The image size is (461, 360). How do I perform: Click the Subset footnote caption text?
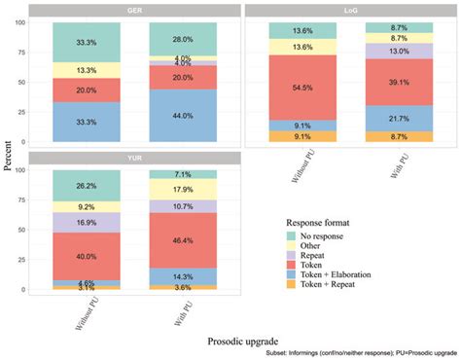tap(360, 353)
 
